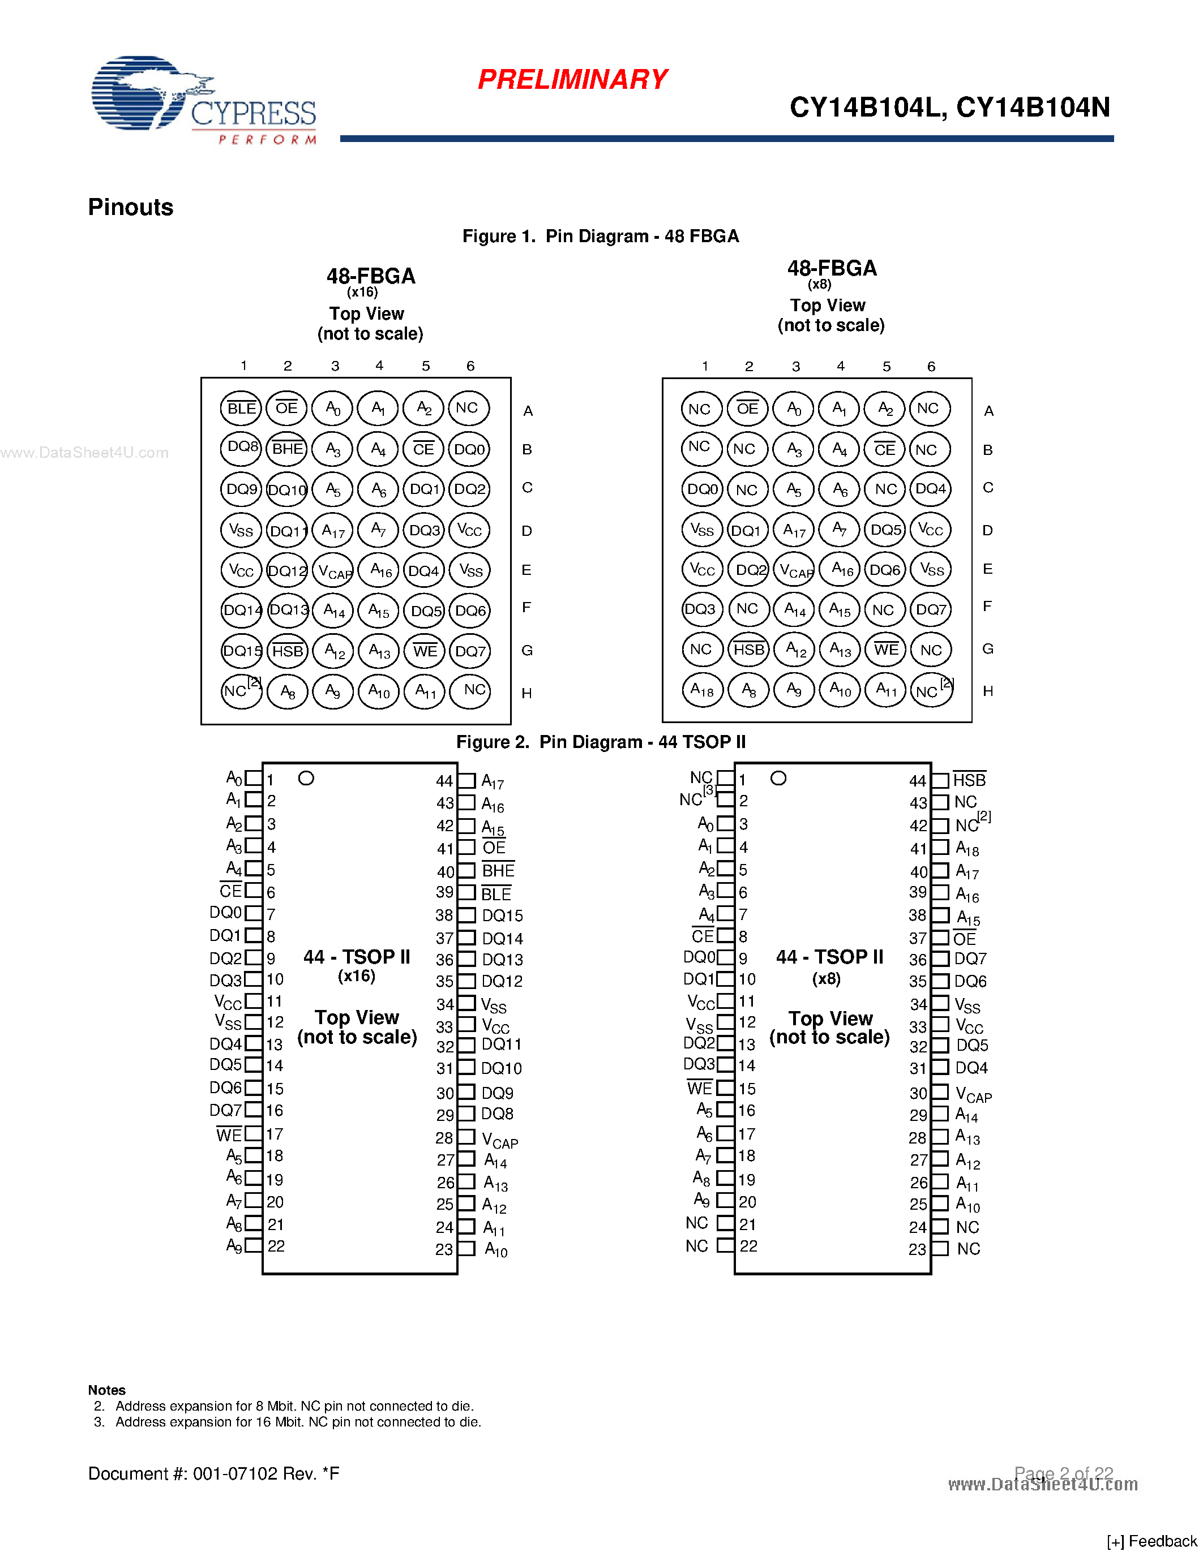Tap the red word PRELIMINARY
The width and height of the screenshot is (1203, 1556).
pos(572,80)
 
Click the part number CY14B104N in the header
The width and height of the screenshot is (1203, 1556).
pos(1033,108)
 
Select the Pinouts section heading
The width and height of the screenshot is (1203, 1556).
pos(130,207)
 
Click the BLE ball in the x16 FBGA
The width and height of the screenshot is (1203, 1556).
pos(241,408)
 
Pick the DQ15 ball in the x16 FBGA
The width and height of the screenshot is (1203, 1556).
pos(242,651)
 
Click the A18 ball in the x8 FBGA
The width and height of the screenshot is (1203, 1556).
pos(702,690)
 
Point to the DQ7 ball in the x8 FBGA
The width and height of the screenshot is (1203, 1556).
pos(931,610)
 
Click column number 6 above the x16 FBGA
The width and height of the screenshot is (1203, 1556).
pos(470,366)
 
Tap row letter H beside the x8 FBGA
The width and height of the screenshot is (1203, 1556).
pos(988,691)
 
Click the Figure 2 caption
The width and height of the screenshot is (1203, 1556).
pos(601,742)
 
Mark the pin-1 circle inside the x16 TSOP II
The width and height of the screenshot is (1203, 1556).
pos(306,779)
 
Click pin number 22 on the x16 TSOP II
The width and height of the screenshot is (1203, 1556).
pos(276,1246)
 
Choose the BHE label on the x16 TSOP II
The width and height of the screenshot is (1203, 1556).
pos(498,871)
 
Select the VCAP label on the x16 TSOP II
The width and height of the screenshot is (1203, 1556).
pos(499,1140)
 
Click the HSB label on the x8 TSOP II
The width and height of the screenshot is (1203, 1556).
pos(969,780)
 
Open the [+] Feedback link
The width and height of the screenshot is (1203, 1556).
pos(1151,1541)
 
